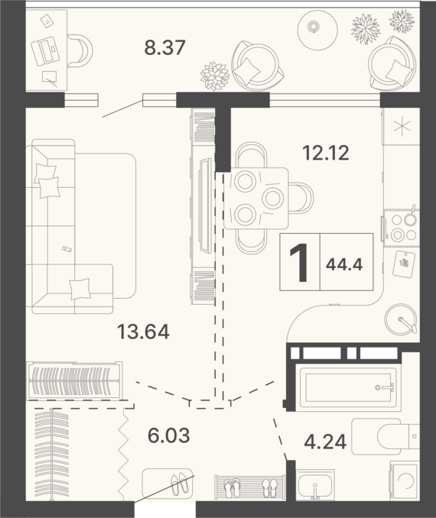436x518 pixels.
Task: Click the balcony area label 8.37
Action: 164,47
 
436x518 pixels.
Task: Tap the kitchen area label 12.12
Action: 326,153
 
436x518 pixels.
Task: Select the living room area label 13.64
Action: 143,332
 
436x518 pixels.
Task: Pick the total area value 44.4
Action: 344,264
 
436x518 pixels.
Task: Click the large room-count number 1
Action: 299,263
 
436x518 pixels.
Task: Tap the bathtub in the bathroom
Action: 348,387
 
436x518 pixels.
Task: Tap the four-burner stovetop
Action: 402,228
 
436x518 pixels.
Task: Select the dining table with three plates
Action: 255,198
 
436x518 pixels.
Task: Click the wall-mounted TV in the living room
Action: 205,206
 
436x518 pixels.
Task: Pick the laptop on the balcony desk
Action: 45,51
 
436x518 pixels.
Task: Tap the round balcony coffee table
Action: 317,30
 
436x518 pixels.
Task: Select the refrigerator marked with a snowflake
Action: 401,127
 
